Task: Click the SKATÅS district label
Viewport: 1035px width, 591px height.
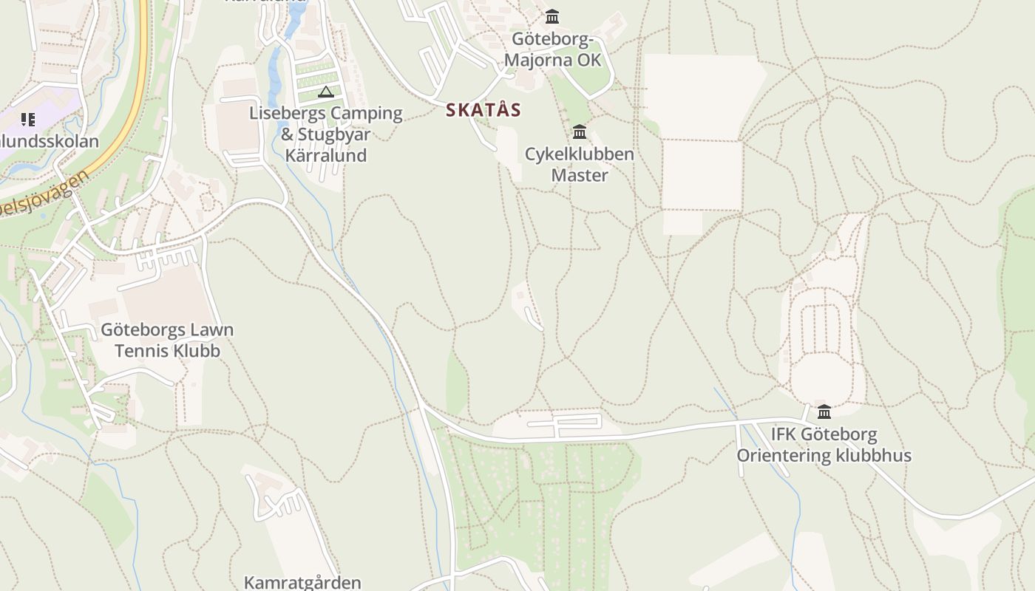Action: [x=483, y=110]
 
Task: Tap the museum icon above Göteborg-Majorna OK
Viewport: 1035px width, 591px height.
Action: [x=552, y=16]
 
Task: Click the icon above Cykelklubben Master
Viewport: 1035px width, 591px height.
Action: [x=580, y=132]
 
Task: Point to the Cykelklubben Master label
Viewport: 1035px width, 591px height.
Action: [x=580, y=165]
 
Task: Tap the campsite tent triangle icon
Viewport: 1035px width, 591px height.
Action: [x=325, y=92]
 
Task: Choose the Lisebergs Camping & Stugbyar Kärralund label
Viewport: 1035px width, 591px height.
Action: [x=326, y=134]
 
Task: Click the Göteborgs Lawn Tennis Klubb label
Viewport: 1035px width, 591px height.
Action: [x=167, y=340]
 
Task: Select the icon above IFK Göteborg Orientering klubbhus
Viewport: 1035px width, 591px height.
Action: [x=824, y=411]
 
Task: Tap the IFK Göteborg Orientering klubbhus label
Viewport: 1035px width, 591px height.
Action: [x=824, y=445]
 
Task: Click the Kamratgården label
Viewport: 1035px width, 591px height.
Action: [x=302, y=582]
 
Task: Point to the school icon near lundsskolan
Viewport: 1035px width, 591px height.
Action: [x=28, y=119]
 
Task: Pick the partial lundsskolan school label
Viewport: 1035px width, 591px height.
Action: [x=49, y=140]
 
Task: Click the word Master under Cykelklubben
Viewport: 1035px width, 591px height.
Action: [x=580, y=175]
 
